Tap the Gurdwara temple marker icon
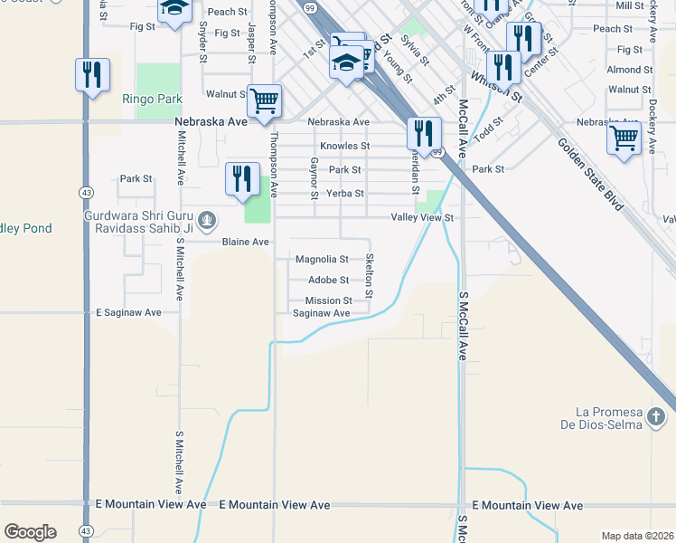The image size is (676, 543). (208, 219)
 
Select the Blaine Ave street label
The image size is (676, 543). (247, 243)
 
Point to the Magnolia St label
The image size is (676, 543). (322, 260)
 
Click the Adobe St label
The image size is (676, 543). (328, 281)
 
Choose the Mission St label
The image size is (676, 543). (328, 300)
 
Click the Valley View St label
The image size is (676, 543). (421, 218)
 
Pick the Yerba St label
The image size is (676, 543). (345, 194)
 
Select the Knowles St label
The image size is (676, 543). (344, 146)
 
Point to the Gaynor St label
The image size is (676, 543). (315, 178)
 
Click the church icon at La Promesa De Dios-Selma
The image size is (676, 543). (657, 417)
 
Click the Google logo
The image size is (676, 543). (30, 532)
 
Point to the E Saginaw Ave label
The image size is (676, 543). (128, 313)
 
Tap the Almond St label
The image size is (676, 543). (630, 70)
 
